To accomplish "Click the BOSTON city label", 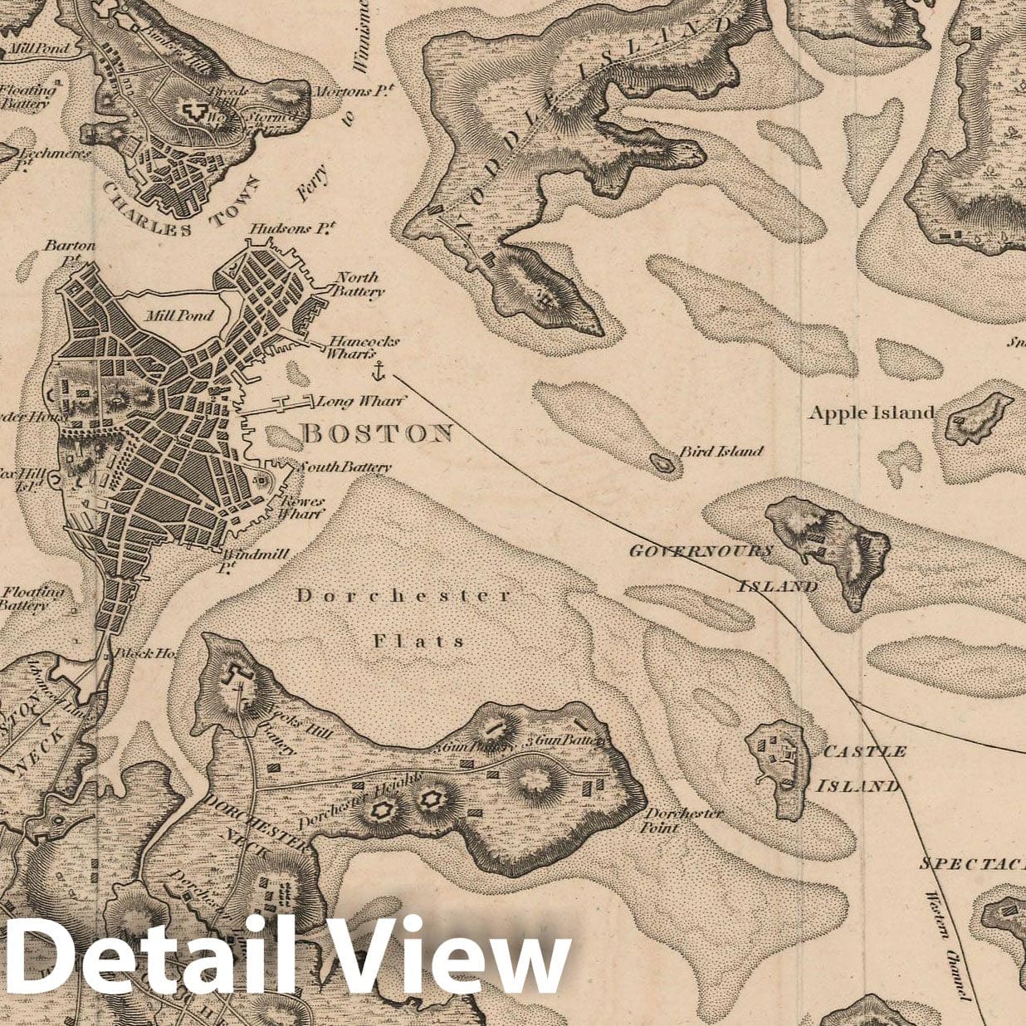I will point(377,433).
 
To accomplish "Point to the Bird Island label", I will point(721,452).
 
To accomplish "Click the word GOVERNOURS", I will point(701,551).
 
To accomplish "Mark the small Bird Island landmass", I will point(663,462).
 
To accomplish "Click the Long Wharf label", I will point(361,402).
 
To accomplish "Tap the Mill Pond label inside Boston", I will point(178,315).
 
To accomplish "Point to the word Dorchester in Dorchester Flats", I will point(404,595).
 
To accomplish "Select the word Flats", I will point(418,641).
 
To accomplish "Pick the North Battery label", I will point(358,284).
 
